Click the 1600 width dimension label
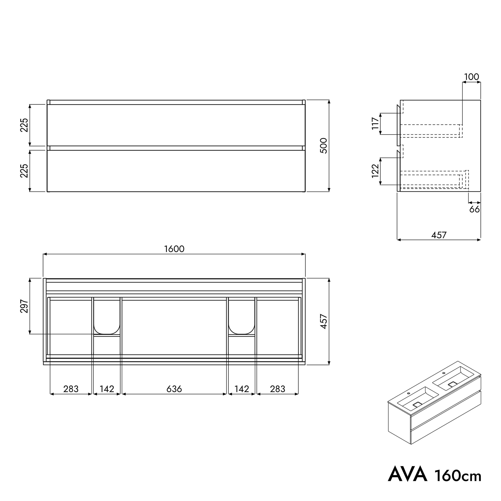tap(174, 249)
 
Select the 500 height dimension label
tap(324, 146)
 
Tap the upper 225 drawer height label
tap(24, 125)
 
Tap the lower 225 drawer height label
tap(24, 171)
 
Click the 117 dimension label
tap(375, 124)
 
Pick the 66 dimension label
tap(475, 209)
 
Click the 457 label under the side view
tap(439, 235)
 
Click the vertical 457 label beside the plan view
tap(324, 322)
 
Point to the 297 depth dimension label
tap(24, 306)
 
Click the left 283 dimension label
tap(71, 389)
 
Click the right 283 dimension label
tap(278, 389)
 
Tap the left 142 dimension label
tap(107, 389)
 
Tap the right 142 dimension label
tap(242, 389)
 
